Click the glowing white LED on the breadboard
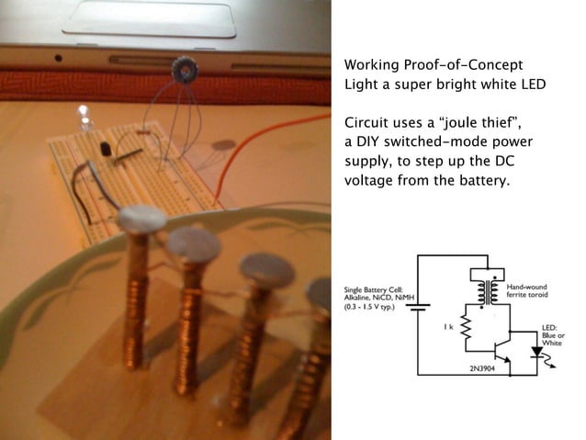pos(84,118)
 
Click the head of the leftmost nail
pos(142,218)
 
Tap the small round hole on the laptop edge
pos(58,58)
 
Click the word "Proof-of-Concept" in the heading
pos(463,65)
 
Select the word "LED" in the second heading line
pos(534,85)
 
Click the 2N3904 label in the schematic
pos(482,368)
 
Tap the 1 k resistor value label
pos(448,327)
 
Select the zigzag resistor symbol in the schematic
pos(466,328)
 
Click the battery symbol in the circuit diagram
pos(418,308)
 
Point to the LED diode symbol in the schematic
pos(538,353)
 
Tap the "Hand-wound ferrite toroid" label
pos(527,291)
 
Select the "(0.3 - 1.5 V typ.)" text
pos(369,308)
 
